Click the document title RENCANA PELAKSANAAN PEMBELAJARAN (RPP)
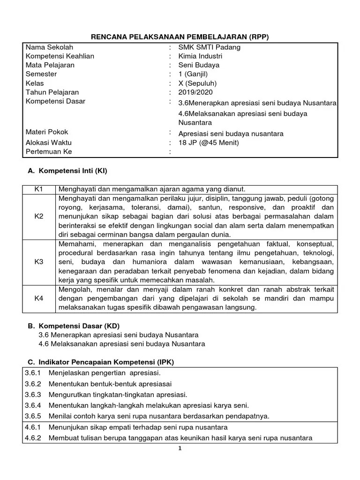coord(180,37)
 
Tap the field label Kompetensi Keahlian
coord(60,56)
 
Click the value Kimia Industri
coord(200,56)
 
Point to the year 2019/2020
coord(195,92)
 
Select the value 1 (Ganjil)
coord(193,74)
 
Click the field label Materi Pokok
coord(48,133)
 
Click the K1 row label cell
coord(38,189)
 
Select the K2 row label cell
coord(38,216)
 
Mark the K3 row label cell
coord(38,262)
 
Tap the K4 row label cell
coord(38,298)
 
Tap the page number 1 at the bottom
coord(180,449)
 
